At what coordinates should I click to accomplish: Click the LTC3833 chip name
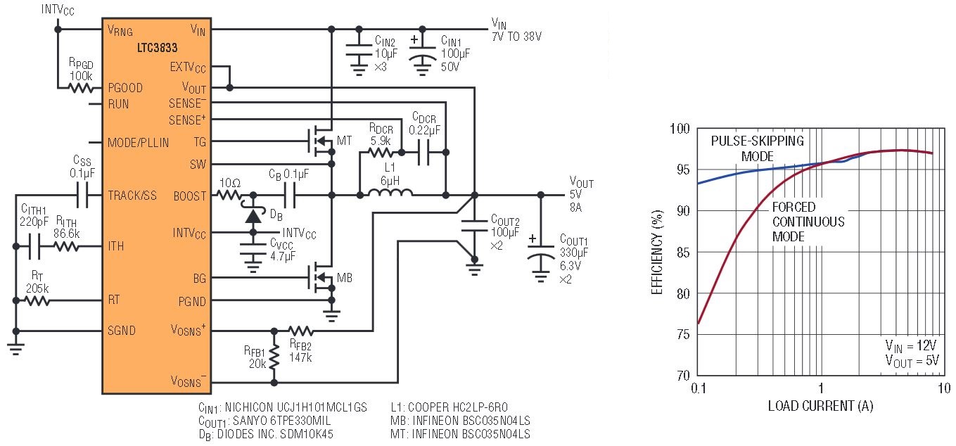(157, 47)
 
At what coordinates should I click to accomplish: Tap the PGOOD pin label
(125, 88)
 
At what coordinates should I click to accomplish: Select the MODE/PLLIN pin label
(138, 143)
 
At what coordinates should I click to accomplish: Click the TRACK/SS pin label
(132, 196)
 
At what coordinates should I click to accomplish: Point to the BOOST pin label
(189, 196)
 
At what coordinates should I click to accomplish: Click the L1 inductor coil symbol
(390, 193)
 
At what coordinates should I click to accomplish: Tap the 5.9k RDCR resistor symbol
(381, 153)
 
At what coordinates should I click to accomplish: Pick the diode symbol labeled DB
(253, 215)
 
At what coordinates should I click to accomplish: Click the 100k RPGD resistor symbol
(81, 89)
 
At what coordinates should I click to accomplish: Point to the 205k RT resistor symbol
(37, 301)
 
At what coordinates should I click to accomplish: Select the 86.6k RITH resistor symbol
(66, 246)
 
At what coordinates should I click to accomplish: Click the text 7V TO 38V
(516, 37)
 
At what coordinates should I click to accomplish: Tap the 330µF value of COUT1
(574, 253)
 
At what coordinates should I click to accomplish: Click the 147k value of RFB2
(300, 357)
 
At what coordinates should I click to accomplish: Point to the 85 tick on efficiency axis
(683, 253)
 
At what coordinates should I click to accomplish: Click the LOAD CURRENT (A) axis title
(820, 405)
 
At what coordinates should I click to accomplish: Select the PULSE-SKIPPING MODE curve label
(757, 148)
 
